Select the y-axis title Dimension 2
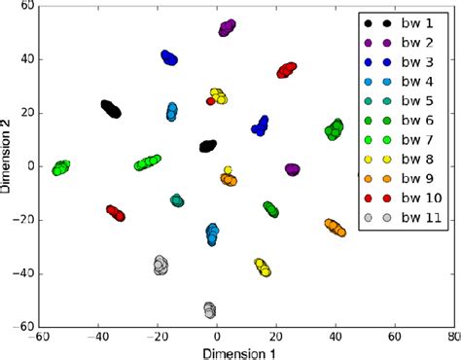pyautogui.click(x=8, y=166)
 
